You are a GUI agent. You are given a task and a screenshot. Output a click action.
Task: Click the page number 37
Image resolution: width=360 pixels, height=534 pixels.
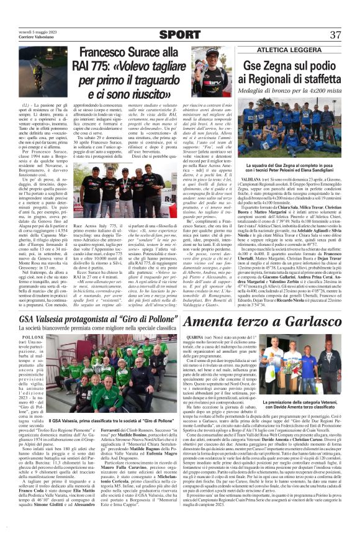(x=335, y=34)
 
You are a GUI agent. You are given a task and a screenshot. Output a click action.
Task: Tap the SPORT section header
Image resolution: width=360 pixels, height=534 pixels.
(x=179, y=34)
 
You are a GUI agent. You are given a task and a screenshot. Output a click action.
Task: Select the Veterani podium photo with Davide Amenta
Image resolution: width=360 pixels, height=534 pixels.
(x=313, y=368)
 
